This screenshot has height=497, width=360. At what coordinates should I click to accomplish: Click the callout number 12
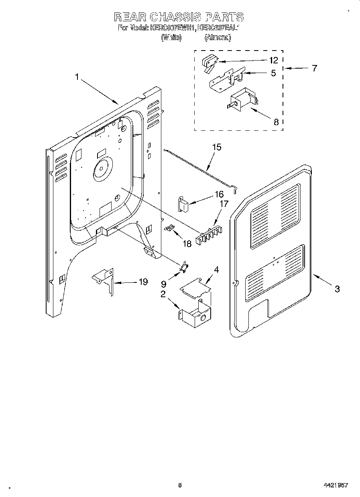pos(273,61)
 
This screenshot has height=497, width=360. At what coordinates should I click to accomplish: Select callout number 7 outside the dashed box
pos(314,68)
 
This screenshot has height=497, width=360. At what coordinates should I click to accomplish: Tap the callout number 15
pos(216,147)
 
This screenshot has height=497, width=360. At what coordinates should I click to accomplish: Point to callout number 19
pos(142,282)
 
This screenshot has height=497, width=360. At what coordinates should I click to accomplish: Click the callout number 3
pos(337,288)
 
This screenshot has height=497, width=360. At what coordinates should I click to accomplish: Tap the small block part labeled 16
pos(183,204)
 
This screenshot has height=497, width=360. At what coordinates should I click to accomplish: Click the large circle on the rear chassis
pos(102,167)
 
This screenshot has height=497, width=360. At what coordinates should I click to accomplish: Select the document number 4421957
pos(335,485)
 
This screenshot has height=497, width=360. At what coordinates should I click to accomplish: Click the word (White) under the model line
pos(171,37)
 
